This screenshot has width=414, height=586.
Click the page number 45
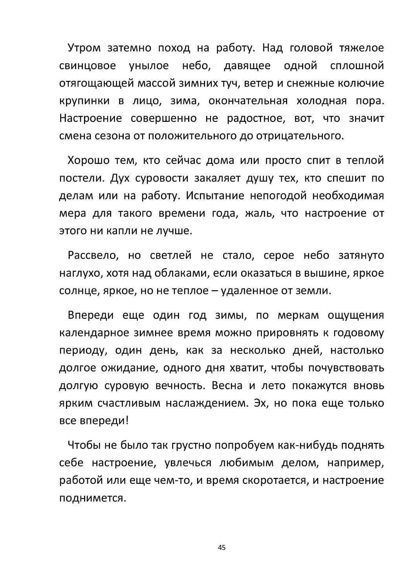coord(222,547)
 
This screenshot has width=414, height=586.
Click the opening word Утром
coord(84,48)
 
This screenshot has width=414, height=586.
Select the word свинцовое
coord(87,66)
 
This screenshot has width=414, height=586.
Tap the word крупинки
coord(84,101)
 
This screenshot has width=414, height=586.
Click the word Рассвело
coord(93,255)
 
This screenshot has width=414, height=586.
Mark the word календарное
coord(94,333)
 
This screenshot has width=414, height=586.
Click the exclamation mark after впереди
coord(127,421)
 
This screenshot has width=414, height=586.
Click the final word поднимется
coord(92,498)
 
